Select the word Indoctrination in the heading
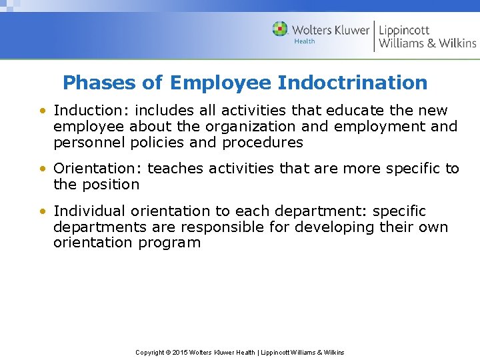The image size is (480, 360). click(x=352, y=83)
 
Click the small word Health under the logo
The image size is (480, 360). click(x=305, y=41)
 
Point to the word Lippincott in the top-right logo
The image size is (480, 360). click(x=404, y=29)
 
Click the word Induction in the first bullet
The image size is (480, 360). click(x=83, y=110)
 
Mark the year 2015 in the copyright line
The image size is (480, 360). click(x=181, y=352)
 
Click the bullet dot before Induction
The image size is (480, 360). click(x=43, y=111)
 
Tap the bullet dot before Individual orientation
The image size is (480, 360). click(x=43, y=211)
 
